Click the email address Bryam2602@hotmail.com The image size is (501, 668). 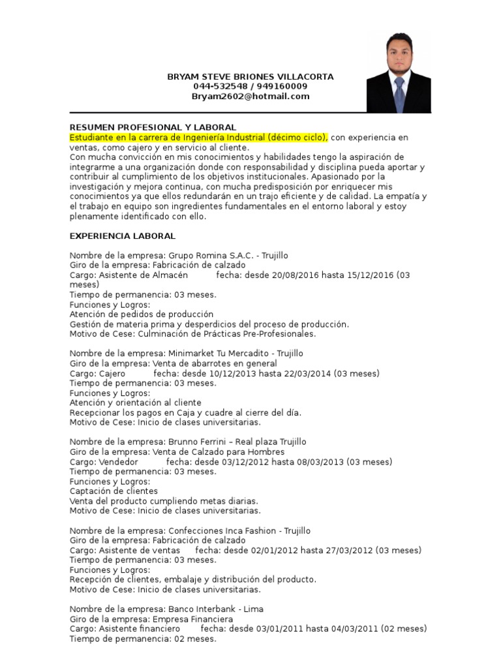coord(250,97)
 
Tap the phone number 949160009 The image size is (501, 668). coord(284,87)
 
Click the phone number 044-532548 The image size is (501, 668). coord(217,87)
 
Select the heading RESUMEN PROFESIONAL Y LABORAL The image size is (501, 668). coord(153,127)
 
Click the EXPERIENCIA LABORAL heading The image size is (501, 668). coord(123,236)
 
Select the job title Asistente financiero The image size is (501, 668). coord(139,629)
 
